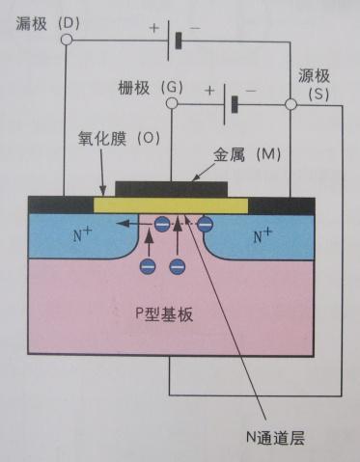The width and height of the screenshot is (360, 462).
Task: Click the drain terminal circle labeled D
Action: (66, 41)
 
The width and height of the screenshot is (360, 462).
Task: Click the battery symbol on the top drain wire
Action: (175, 41)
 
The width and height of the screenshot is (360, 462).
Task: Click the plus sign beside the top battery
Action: (152, 28)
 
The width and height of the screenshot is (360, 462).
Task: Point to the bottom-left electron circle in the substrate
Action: (148, 264)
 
